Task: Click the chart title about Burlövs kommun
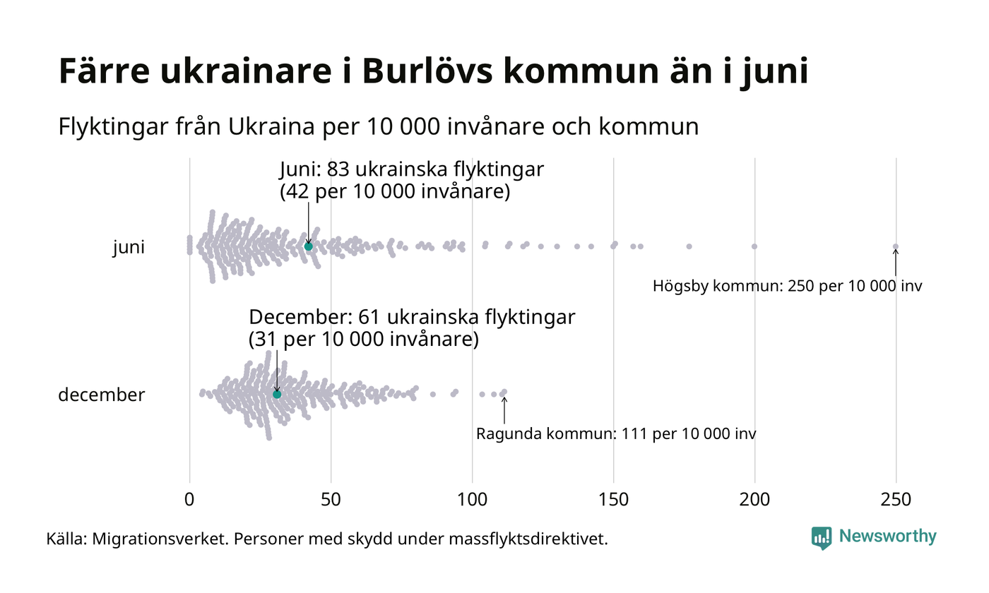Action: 433,73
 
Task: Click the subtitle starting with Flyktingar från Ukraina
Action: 378,127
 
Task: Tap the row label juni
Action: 129,248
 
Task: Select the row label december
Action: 101,395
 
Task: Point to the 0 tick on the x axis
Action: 189,499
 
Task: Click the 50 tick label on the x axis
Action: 331,499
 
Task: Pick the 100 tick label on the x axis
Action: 472,499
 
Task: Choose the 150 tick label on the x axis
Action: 613,499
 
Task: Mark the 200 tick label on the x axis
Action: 754,499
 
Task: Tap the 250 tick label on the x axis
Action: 896,499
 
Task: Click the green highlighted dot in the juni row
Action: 308,246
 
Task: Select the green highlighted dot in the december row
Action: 277,394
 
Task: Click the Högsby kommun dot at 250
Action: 896,246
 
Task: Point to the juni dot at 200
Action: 754,246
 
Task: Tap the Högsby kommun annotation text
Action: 787,287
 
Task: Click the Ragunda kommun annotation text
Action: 616,433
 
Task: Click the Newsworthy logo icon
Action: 821,537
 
